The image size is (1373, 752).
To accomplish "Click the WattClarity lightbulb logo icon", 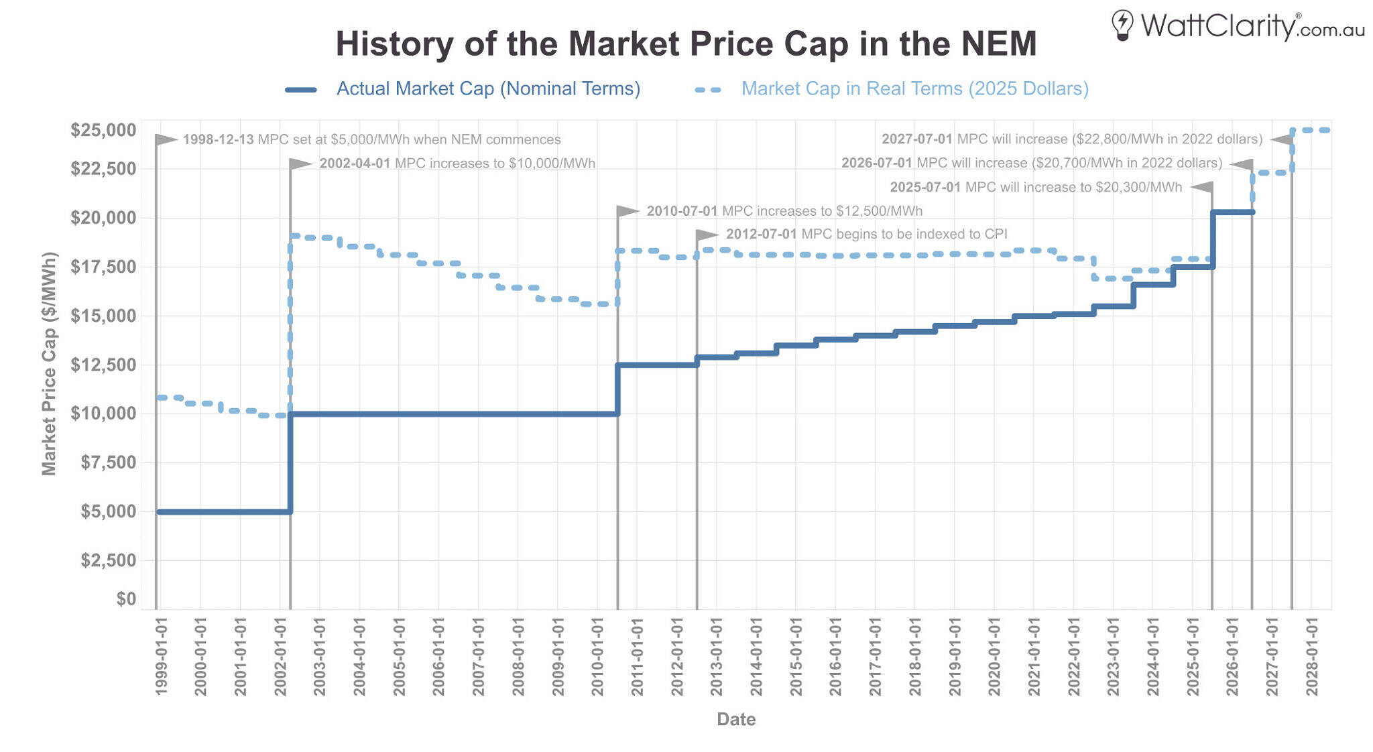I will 1122,25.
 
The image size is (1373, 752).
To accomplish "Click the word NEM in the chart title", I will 998,44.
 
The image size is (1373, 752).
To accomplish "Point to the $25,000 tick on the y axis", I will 103,130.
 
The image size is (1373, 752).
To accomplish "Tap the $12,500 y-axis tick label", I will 103,365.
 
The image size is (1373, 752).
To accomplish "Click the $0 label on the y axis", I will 126,599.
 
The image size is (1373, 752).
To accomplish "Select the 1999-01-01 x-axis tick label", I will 161,657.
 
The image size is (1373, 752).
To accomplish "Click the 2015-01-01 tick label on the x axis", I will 796,657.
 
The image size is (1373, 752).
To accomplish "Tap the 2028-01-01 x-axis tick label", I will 1312,657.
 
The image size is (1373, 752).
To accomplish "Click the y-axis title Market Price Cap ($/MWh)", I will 49,364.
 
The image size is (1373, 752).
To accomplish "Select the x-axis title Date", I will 735,719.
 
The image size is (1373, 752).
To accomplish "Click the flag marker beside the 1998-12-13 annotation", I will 166,139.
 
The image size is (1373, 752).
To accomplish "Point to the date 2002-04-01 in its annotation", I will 355,164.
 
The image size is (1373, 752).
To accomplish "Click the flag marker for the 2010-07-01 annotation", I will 627,211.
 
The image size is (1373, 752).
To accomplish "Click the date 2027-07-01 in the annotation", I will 916,139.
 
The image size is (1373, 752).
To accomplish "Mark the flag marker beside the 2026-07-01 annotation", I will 1242,164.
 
